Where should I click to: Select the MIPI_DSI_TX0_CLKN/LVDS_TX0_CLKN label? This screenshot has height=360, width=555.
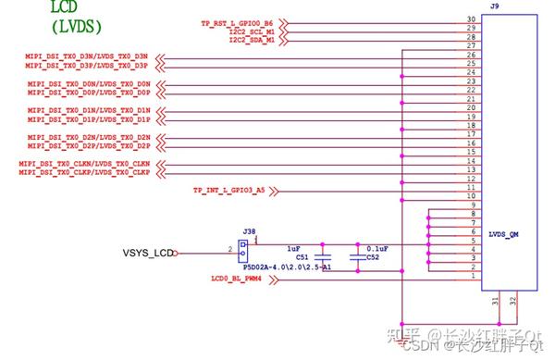(x=83, y=164)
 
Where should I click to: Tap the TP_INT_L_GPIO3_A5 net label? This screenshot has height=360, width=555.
(x=228, y=191)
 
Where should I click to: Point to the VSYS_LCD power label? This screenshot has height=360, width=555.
(x=147, y=253)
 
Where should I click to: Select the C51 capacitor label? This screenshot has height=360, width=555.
(x=302, y=258)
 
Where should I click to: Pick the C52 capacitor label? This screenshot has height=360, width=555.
(x=372, y=258)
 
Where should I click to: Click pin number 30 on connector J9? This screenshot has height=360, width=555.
(x=471, y=19)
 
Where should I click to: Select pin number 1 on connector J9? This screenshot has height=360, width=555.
(x=473, y=277)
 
